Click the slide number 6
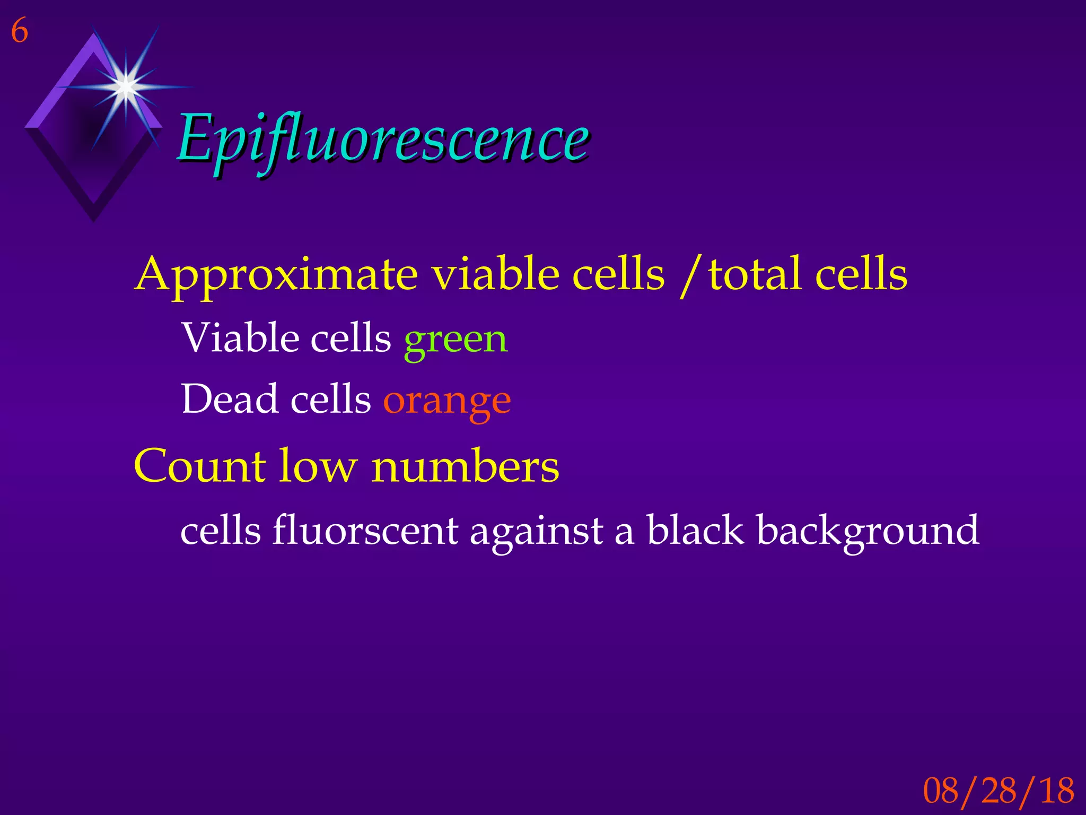pyautogui.click(x=20, y=31)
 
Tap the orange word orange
pyautogui.click(x=447, y=401)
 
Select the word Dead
pyautogui.click(x=230, y=398)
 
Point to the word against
pyautogui.click(x=536, y=531)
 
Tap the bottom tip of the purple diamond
pyautogui.click(x=94, y=220)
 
